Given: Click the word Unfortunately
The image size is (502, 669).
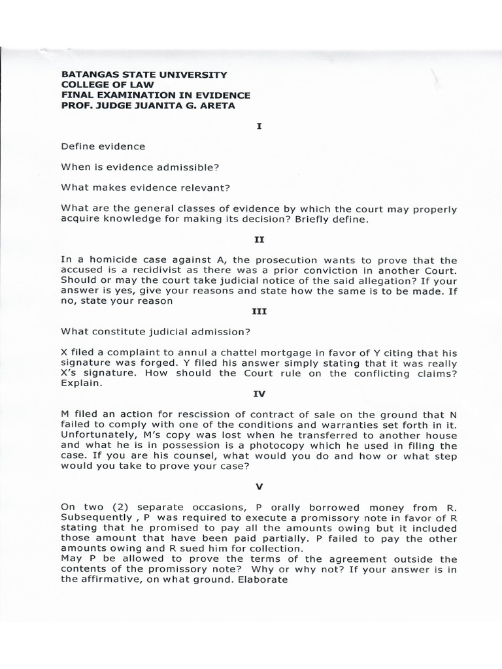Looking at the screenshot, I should [x=97, y=436].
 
